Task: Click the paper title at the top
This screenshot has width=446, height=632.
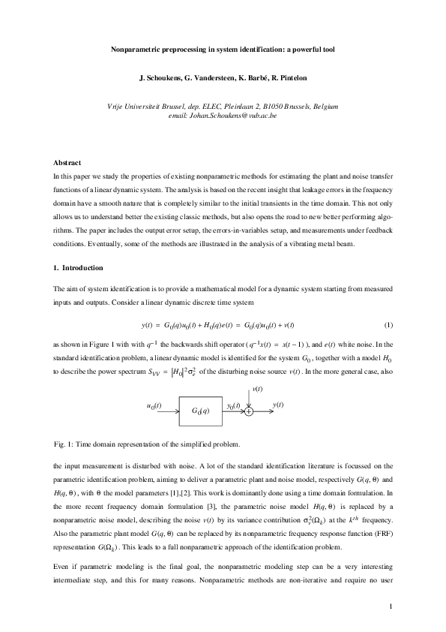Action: tap(223, 50)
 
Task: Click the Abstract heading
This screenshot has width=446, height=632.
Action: tap(67, 163)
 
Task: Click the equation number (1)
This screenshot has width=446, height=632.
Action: tap(388, 303)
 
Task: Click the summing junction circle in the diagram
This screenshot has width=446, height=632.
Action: tap(249, 411)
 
